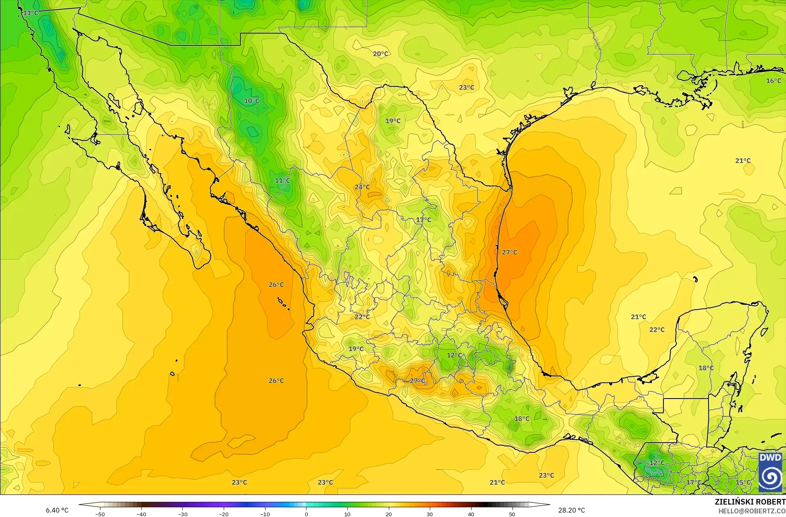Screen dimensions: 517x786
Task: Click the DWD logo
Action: pos(770,472)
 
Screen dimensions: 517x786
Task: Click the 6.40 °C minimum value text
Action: pos(57,510)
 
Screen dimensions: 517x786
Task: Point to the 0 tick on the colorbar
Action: pos(306,514)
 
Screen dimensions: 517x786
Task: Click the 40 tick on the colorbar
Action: pos(471,514)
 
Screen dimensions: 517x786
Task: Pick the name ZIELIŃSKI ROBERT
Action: pos(749,502)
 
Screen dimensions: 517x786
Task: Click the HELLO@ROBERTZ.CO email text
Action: pos(751,511)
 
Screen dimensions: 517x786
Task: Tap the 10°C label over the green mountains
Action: pos(252,101)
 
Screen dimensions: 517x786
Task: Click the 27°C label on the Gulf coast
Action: pos(509,252)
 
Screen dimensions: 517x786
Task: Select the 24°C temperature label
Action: pos(362,187)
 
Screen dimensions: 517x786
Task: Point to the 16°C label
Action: pos(773,81)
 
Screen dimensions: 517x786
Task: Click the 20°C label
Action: pos(380,53)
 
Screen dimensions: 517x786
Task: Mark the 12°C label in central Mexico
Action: pos(454,355)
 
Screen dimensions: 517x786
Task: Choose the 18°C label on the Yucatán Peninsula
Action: pos(706,368)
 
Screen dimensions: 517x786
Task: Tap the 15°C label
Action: pos(743,482)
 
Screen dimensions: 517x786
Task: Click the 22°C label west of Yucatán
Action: pos(657,329)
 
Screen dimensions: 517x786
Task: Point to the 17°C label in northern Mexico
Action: pos(423,220)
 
